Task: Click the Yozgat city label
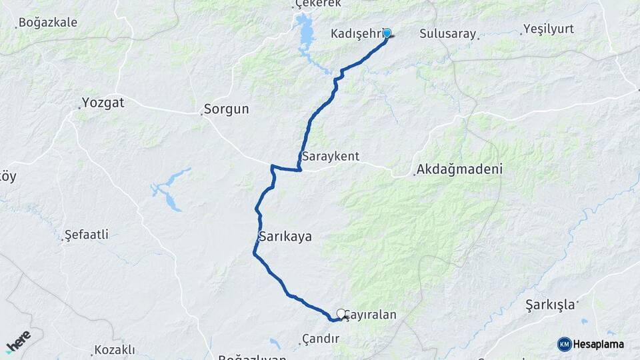(103, 103)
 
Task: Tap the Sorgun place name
(226, 109)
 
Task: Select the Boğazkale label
(47, 23)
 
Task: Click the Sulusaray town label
(448, 34)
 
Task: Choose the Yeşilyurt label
(548, 29)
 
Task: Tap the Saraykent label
(331, 157)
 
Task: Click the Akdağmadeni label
(459, 169)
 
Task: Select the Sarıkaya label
(285, 236)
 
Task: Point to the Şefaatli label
(86, 235)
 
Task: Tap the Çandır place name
(321, 339)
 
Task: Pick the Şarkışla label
(549, 305)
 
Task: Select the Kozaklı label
(114, 349)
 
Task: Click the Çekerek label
(318, 3)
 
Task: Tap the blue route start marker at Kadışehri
(387, 33)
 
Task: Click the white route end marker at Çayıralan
(341, 313)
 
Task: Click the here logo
(18, 341)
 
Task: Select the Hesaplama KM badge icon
(564, 344)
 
